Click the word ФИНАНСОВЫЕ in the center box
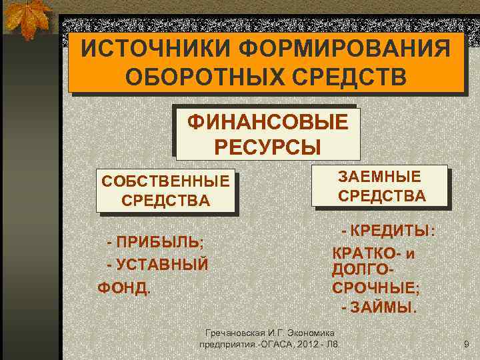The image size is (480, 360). pos(267,123)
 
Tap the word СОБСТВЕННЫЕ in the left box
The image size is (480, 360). pos(165,181)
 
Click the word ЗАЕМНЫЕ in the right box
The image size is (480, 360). pos(380,177)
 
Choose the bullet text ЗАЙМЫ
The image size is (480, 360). pos(383,308)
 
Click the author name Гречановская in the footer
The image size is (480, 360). pos(237,333)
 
